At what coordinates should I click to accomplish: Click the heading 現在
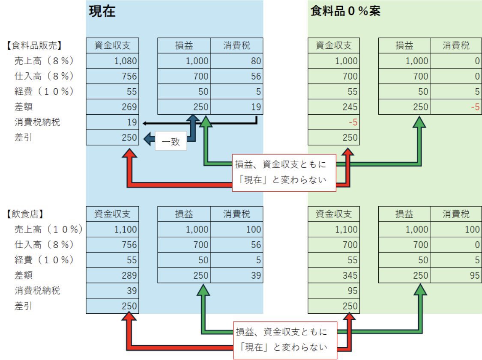[x=102, y=12]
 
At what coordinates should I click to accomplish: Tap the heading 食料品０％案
[x=345, y=11]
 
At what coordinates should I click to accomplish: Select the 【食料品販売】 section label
[x=34, y=45]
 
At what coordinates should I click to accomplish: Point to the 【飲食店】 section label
[x=25, y=214]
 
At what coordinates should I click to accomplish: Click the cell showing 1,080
[x=113, y=61]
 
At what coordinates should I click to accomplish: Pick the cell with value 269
[x=113, y=107]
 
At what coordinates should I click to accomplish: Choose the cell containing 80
[x=237, y=61]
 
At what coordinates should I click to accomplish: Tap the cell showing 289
[x=113, y=275]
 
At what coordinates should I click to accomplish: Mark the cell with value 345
[x=333, y=275]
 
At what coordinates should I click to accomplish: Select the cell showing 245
[x=333, y=107]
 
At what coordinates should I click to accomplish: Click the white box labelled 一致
[x=171, y=141]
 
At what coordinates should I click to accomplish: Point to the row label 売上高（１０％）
[x=48, y=229]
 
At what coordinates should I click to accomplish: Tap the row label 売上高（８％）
[x=44, y=61]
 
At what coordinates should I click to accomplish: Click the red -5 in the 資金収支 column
[x=353, y=122]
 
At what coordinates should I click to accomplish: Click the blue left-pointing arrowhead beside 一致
[x=148, y=139]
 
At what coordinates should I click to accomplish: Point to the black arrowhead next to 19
[x=145, y=123]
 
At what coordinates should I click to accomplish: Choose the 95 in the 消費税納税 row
[x=353, y=291]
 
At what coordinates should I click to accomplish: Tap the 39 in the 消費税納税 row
[x=132, y=291]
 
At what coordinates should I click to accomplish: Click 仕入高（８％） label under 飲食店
[x=44, y=244]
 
